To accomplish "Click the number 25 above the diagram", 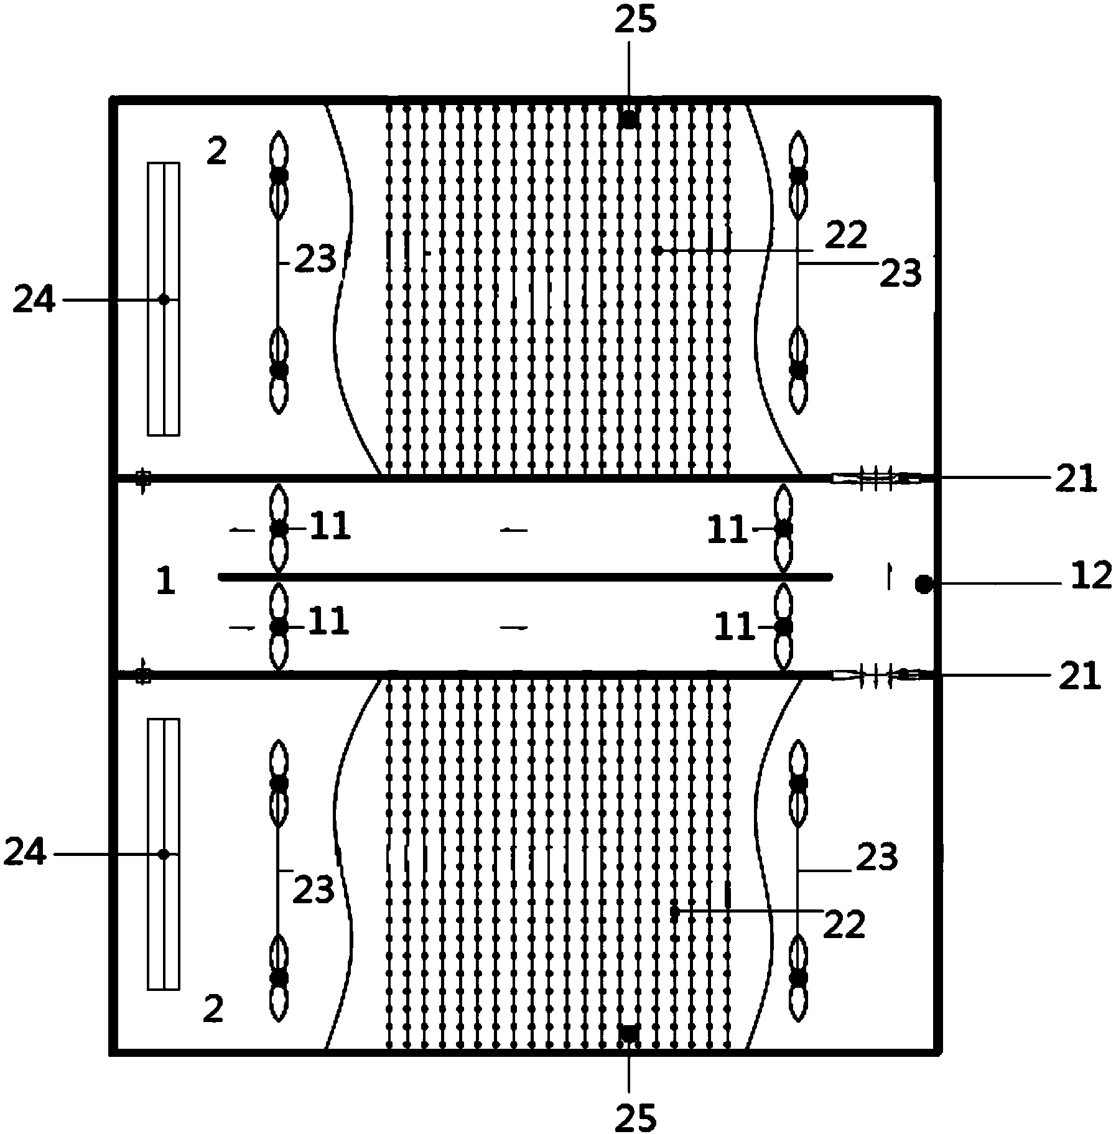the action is coord(635,20).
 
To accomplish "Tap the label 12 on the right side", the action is coord(1091,576).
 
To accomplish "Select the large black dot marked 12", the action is coord(923,584).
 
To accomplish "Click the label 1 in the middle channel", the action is coord(165,583).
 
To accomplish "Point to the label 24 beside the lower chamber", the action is coord(26,853).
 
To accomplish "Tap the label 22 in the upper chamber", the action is coord(847,236).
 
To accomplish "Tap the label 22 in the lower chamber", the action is coord(844,925).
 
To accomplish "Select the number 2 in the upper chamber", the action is coord(216,152).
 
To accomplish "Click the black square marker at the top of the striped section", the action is coord(629,119).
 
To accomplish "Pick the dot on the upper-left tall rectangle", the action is coord(164,300).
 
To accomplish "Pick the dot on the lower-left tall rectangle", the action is coord(163,854).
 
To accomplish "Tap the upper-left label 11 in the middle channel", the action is coord(330,527).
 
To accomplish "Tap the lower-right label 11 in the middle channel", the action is coord(734,628).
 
